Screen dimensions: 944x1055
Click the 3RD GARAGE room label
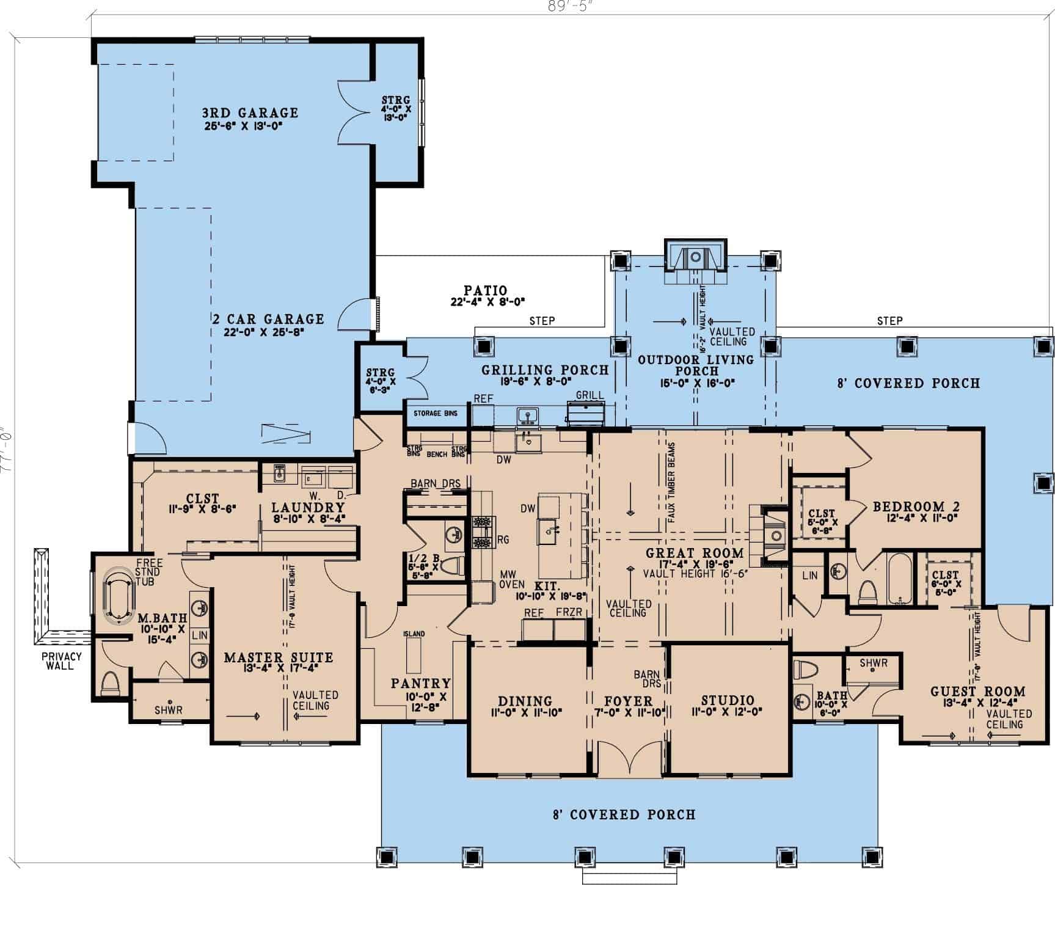[x=250, y=113]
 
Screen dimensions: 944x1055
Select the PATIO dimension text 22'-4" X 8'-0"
[x=486, y=301]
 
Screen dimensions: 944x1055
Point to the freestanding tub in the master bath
[x=120, y=596]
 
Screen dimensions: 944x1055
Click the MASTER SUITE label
[x=279, y=658]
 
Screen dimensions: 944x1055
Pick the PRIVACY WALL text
[x=62, y=660]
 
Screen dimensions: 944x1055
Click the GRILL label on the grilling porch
[x=589, y=396]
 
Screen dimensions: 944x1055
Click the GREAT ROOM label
[x=695, y=554]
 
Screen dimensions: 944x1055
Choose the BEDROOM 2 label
[x=916, y=507]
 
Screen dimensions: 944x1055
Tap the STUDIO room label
[x=727, y=701]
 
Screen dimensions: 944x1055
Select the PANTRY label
[x=421, y=684]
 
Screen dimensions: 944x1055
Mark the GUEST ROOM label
[x=977, y=692]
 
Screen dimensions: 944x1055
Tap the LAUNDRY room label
[x=308, y=508]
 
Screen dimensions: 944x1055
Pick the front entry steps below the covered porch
[x=629, y=878]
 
